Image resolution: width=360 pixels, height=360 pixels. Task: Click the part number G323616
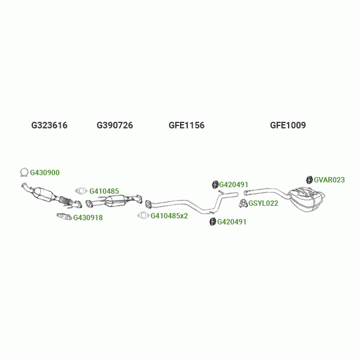click(49, 125)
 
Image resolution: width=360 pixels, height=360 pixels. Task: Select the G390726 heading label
click(115, 125)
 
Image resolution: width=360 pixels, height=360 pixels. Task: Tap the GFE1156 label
click(187, 125)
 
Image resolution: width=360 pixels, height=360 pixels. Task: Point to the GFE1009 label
click(288, 125)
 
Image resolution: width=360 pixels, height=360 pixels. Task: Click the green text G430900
click(45, 173)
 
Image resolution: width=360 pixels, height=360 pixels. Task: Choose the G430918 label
click(88, 218)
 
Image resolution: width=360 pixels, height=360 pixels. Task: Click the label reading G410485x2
click(169, 216)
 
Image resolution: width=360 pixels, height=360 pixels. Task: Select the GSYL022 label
click(263, 203)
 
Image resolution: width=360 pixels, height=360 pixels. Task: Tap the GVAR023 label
click(329, 179)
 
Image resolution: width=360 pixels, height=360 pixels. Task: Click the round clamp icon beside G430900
click(24, 173)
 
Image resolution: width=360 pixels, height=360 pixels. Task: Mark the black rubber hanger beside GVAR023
click(310, 179)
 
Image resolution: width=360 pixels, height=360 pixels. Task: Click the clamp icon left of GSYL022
click(244, 203)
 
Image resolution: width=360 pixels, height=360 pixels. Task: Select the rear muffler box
click(306, 197)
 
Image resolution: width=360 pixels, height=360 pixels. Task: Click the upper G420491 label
click(233, 185)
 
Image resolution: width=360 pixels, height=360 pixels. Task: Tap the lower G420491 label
click(232, 222)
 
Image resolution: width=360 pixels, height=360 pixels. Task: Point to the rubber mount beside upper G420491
click(215, 184)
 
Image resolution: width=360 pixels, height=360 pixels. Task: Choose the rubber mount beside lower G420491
click(212, 223)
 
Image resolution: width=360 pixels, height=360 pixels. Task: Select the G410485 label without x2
click(104, 191)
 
